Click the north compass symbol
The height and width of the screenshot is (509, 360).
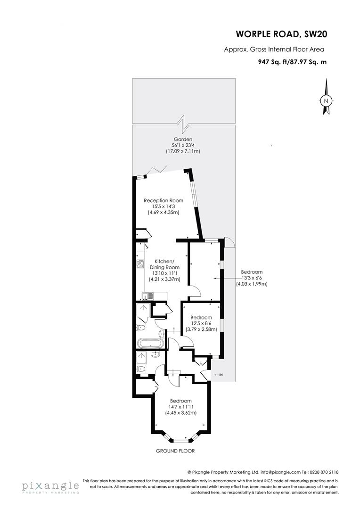coord(325,100)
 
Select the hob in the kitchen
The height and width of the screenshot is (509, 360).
coord(140,264)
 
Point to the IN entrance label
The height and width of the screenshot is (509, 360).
coord(221,375)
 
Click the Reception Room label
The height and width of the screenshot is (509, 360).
coord(164,200)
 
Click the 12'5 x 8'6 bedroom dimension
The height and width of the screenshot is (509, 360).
coord(201,323)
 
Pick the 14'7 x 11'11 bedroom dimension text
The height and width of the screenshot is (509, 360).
coord(181,407)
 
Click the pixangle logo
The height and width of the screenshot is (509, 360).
coord(50,487)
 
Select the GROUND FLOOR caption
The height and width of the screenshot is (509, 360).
coord(175,451)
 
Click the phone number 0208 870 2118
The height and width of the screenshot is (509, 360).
coord(324,472)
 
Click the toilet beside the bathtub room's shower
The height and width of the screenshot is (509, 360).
coord(141,327)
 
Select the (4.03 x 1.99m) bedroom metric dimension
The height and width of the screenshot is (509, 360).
coord(252,284)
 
